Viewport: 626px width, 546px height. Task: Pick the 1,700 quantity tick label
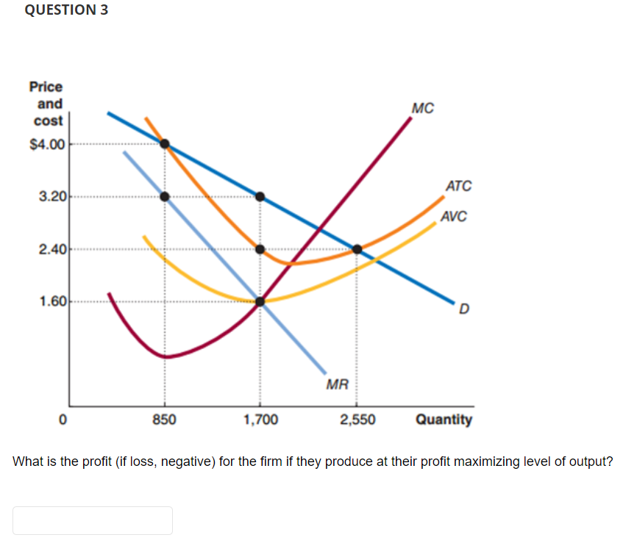[260, 420]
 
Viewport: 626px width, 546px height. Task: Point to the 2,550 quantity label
[358, 420]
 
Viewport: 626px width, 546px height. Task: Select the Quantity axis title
[444, 420]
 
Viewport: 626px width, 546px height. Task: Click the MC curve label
[423, 109]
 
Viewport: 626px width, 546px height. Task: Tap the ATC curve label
[458, 186]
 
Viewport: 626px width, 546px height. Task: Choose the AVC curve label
[453, 217]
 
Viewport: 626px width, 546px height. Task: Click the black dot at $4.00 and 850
[165, 143]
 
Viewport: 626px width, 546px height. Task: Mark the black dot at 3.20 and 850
[165, 196]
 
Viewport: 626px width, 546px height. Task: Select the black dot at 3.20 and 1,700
[260, 196]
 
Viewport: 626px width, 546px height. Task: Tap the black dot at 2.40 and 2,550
[357, 249]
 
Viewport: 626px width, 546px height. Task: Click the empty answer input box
[93, 520]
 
